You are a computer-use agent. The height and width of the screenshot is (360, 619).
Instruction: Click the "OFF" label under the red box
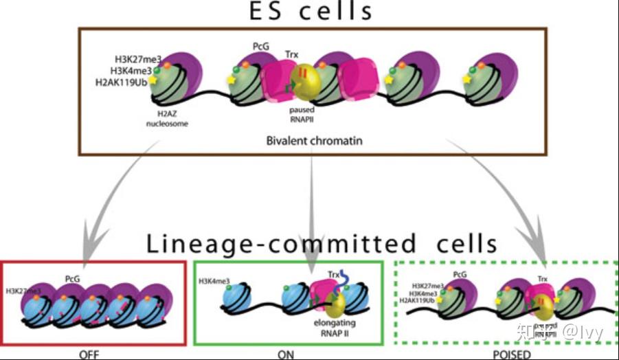[91, 355]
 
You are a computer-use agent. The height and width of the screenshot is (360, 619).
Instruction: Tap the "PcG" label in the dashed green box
[461, 273]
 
